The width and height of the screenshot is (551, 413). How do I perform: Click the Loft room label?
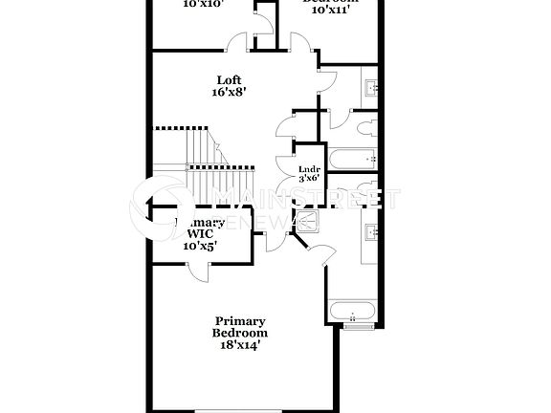click(x=228, y=80)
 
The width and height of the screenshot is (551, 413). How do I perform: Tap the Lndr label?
click(x=308, y=169)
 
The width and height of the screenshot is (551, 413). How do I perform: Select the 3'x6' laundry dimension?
click(x=308, y=179)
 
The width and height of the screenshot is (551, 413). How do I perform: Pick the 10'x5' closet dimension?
click(x=200, y=245)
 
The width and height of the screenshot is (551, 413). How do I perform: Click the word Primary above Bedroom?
click(x=240, y=321)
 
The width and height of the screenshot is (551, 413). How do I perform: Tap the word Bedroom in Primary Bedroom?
click(x=240, y=333)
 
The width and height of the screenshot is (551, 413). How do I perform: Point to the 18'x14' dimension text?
click(x=240, y=345)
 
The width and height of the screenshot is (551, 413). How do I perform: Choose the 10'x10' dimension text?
click(x=202, y=5)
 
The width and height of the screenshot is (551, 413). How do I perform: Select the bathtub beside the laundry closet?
click(x=351, y=159)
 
